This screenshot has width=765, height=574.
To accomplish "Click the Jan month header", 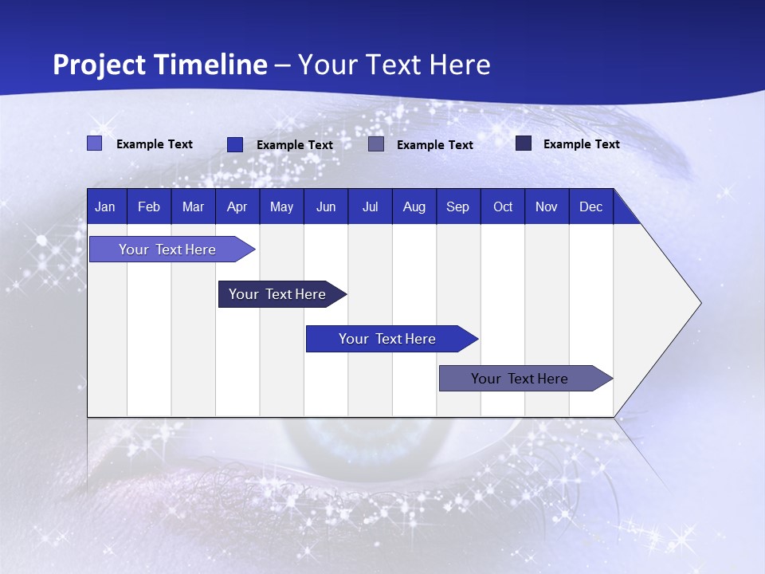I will (105, 206).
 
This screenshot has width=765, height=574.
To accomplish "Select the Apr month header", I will (237, 206).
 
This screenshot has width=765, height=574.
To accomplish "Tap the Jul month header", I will (370, 206).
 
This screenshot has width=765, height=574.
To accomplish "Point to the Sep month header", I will (457, 206).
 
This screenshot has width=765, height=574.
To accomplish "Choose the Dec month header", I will (590, 206).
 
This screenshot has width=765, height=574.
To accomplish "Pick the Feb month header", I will (149, 206).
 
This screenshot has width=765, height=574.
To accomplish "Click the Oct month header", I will (503, 206).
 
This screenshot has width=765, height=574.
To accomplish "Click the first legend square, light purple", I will (94, 143).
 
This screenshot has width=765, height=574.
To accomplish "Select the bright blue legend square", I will (235, 144).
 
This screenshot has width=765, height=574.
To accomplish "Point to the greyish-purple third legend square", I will (376, 144).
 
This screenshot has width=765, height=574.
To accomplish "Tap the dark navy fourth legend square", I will (524, 143).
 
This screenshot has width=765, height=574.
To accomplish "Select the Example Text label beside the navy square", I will (581, 144).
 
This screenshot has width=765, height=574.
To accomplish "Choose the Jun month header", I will (326, 206).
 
